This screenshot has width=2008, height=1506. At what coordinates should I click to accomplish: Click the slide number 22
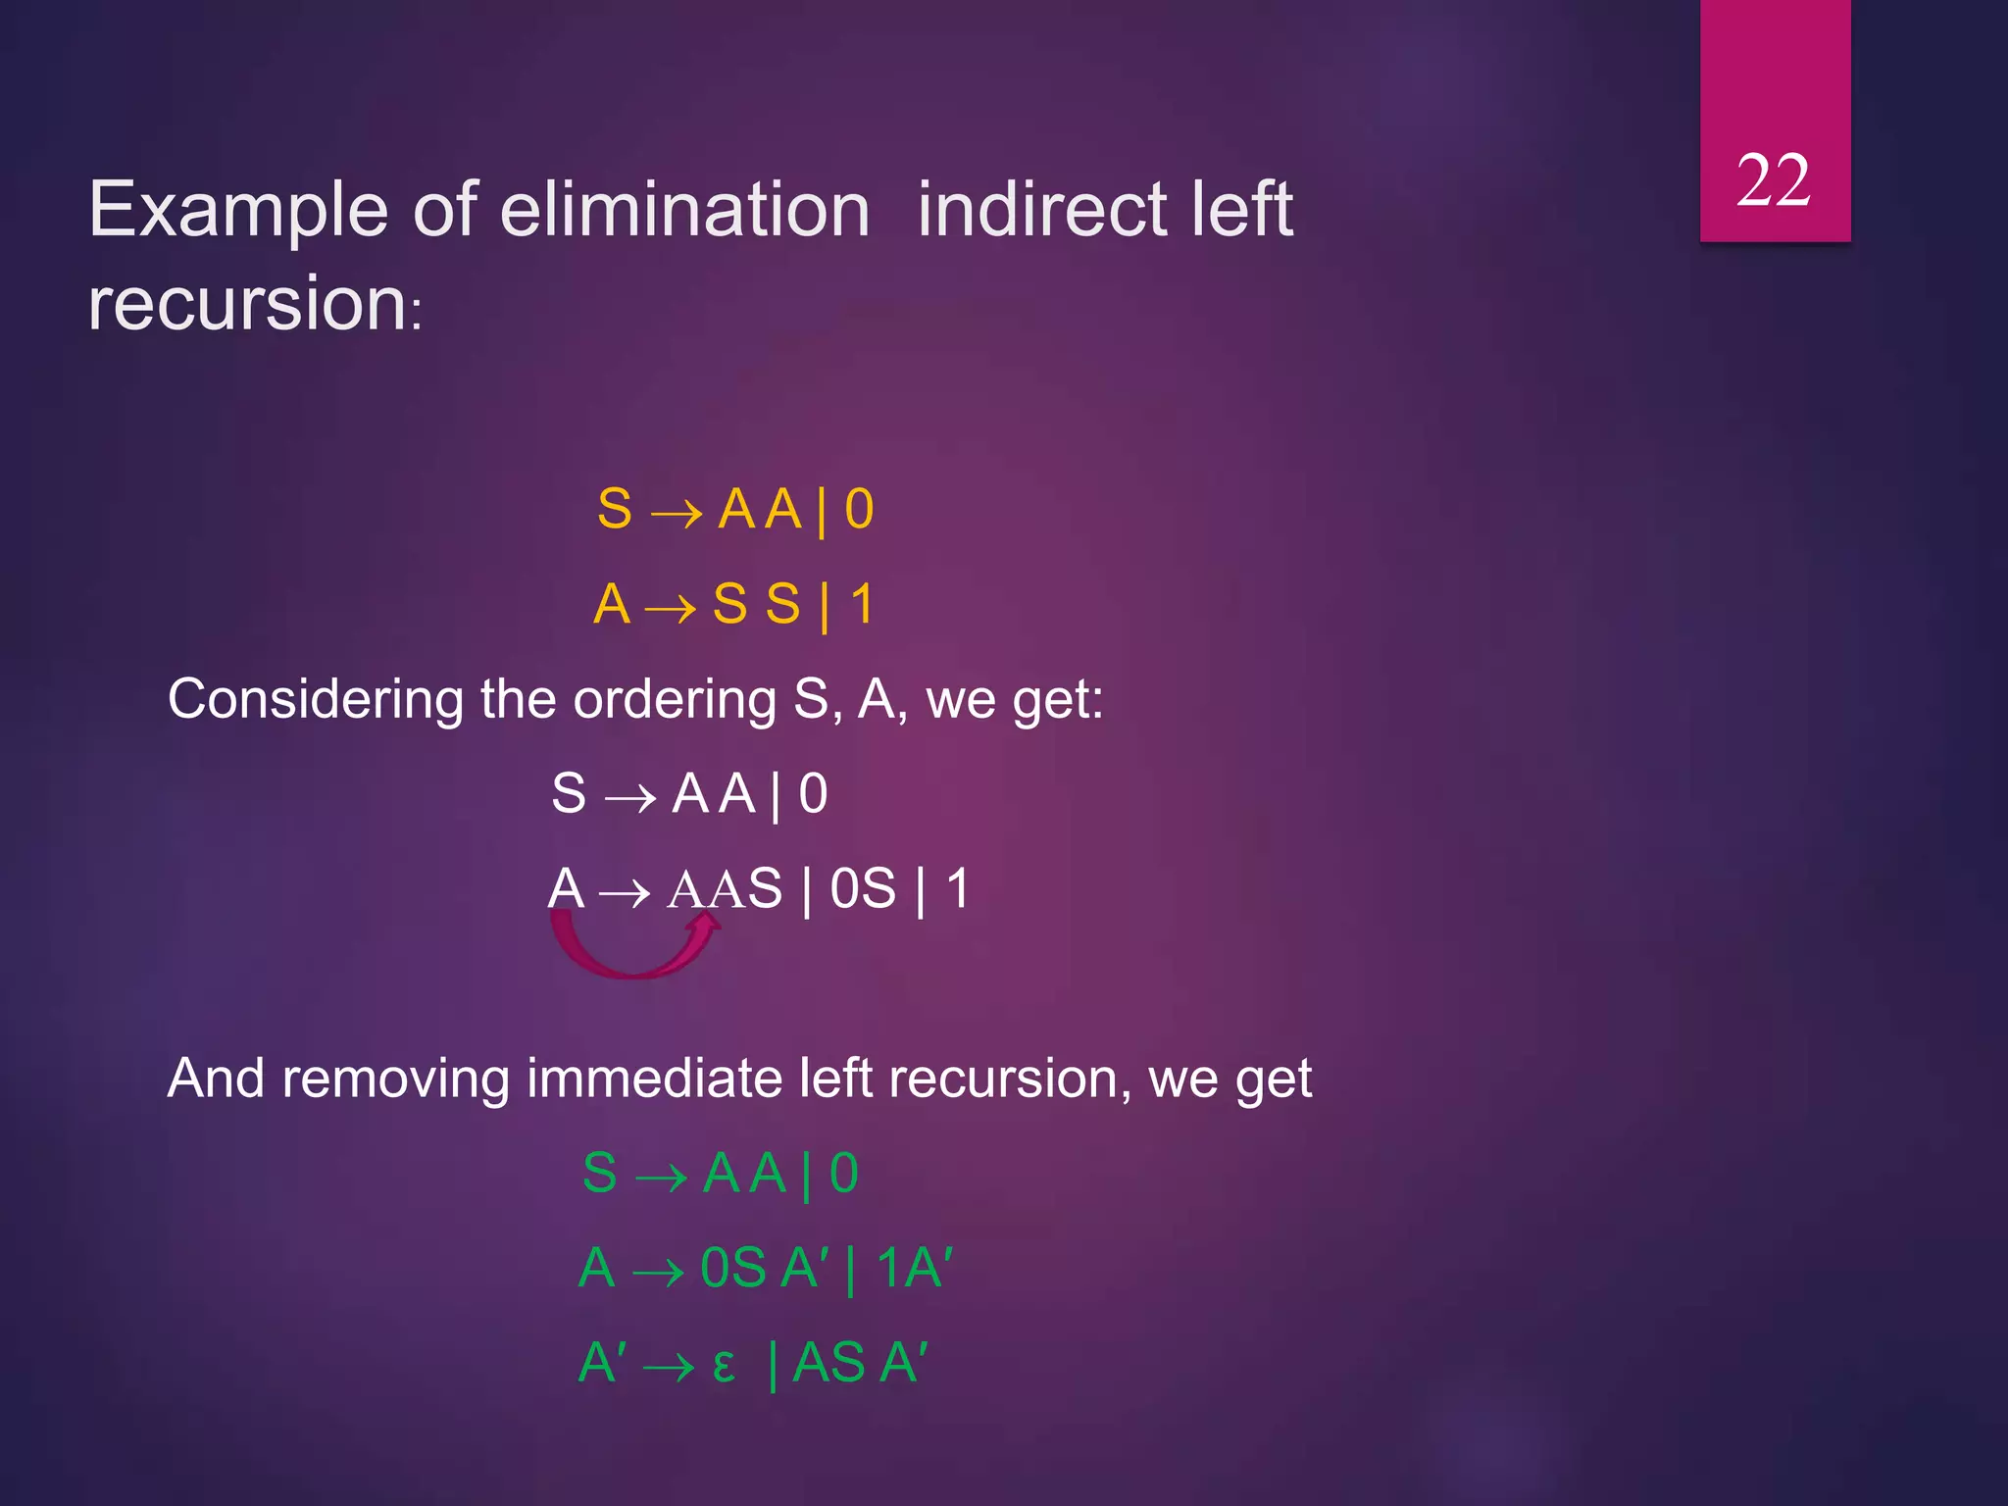pos(1773,181)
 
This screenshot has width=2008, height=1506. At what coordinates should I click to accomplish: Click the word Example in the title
pos(238,211)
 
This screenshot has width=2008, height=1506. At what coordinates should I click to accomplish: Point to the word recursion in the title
pos(247,304)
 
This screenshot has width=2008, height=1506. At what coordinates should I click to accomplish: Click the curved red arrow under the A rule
pos(635,951)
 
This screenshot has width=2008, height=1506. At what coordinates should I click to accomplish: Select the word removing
pos(395,1079)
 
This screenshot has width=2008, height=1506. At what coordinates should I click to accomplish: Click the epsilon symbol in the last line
pos(724,1366)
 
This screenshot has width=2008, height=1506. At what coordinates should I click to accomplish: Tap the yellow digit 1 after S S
pos(862,604)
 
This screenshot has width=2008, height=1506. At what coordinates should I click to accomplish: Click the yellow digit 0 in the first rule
pos(859,510)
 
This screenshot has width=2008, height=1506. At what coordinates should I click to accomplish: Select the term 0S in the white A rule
pos(863,889)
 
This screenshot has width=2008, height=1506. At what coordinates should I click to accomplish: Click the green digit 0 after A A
pos(843,1174)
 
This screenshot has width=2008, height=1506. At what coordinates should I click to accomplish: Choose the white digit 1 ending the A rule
pos(957,889)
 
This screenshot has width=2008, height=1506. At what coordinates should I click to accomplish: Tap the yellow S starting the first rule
pos(615,510)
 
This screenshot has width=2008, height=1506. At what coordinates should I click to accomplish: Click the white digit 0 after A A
pos(813,794)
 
